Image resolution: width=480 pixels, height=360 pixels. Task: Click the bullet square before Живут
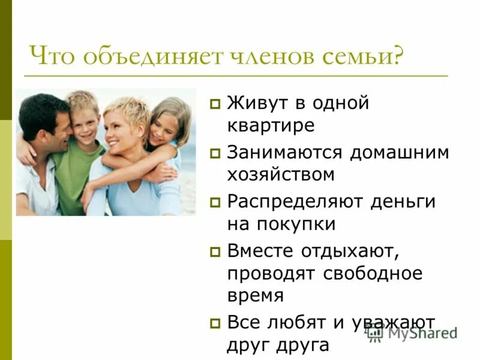pos(214,105)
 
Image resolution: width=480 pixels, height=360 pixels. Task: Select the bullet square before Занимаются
pos(214,154)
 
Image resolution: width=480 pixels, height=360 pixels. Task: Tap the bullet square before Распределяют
pos(214,203)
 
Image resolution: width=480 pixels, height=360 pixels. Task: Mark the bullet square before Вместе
pos(214,252)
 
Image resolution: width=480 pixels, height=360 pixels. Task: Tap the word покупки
pos(296,224)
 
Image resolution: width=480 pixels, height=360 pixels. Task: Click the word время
pos(256,295)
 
